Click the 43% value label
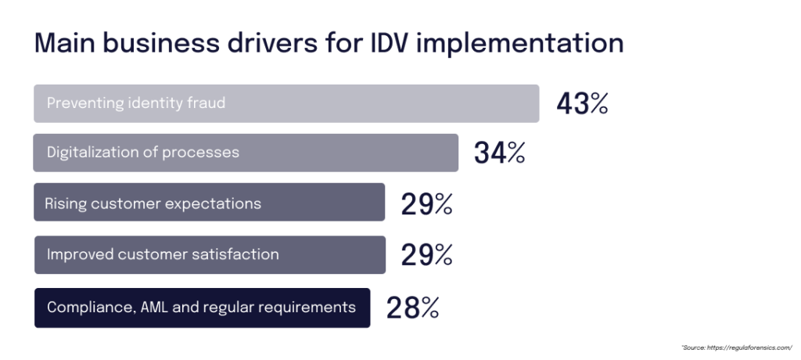pyautogui.click(x=582, y=104)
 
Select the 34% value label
pyautogui.click(x=499, y=153)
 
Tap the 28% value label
pyautogui.click(x=412, y=308)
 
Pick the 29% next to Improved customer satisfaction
pyautogui.click(x=426, y=255)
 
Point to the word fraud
pyautogui.click(x=206, y=103)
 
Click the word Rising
pyautogui.click(x=65, y=203)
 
